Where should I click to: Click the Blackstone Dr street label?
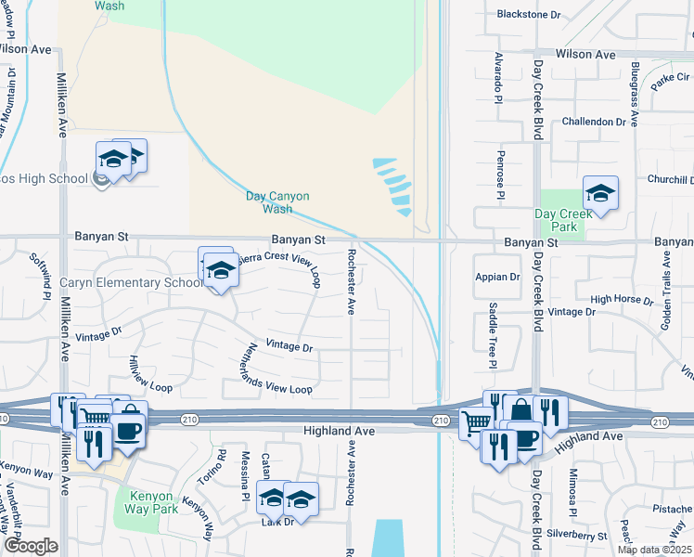coord(530,15)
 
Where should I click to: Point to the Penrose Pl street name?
coord(499,175)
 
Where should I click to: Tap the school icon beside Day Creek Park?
coord(600,194)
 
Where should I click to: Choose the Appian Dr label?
coord(497,277)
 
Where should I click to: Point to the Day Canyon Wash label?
coord(277,201)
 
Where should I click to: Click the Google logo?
coord(31,546)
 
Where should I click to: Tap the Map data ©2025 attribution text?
coord(652,550)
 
